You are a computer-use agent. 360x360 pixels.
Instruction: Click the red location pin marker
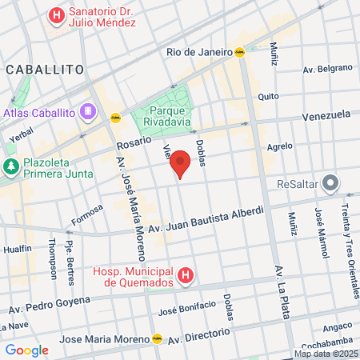(x=181, y=162)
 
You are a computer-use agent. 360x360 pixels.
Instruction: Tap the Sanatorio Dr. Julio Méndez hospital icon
(x=56, y=14)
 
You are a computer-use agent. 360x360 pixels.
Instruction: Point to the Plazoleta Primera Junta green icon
(x=10, y=166)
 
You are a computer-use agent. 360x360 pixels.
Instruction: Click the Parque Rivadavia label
(x=166, y=117)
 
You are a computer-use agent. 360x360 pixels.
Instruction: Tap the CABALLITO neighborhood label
(x=45, y=70)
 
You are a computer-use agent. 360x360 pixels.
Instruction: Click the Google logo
(x=26, y=350)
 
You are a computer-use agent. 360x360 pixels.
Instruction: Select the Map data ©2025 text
(x=326, y=354)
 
